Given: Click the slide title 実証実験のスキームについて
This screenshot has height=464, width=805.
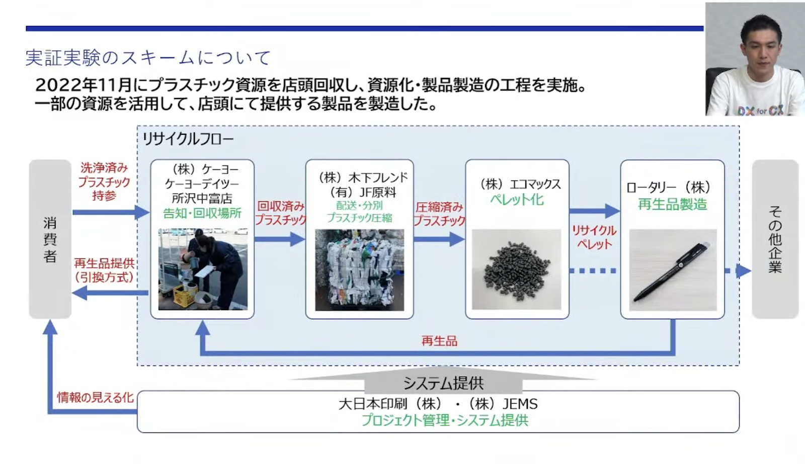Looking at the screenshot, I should pos(148,58).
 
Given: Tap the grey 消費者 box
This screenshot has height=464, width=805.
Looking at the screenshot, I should pos(50,239).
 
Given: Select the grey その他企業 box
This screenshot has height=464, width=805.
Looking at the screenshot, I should pos(775,239).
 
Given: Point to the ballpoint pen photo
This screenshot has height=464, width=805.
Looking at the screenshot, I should pos(673,270).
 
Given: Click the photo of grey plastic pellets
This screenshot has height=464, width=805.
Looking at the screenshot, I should pos(516,270).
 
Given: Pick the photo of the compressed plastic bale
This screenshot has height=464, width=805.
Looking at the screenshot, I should pos(359,270).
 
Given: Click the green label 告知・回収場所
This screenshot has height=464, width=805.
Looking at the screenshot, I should pos(202,213).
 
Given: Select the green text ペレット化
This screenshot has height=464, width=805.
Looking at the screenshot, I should pos(517,200).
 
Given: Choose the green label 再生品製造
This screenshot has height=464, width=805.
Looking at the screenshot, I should pos(672,204).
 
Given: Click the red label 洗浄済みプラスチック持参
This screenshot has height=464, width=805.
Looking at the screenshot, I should pos(104,181).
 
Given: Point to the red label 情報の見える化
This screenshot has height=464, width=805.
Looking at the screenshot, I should pos(95,398).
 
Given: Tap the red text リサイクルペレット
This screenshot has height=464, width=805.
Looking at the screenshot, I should pos(594,237).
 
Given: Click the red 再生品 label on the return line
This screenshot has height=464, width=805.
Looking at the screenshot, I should pos(439,341).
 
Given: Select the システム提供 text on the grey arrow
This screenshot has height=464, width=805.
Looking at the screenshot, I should pos(443,384).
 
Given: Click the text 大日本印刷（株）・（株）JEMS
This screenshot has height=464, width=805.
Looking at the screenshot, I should pos(438,404).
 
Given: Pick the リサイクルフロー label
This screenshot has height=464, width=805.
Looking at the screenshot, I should pos(188,139).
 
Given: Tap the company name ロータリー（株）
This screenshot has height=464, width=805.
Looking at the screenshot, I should pos(668,188).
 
